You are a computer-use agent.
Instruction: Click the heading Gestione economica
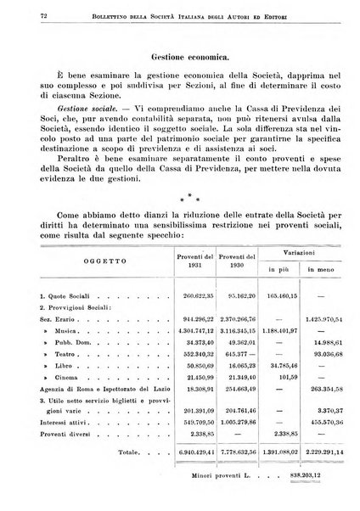180,58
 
